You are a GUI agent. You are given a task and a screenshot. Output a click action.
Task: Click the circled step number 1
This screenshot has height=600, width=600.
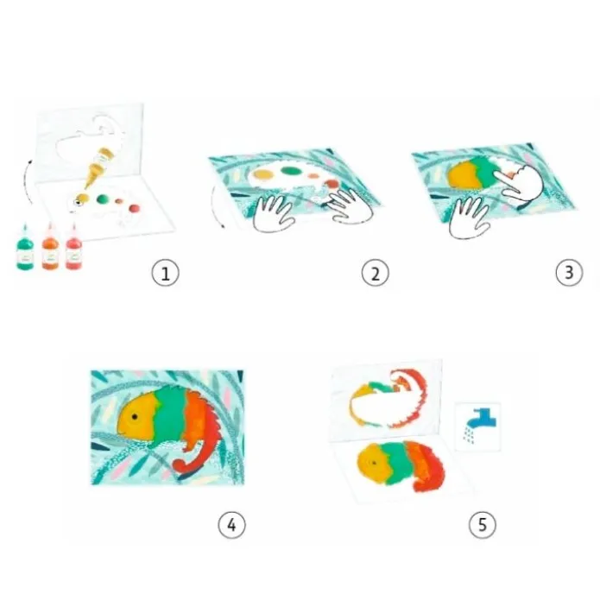pos(165,273)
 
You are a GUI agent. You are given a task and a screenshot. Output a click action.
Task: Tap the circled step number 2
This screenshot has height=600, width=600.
pos(375,273)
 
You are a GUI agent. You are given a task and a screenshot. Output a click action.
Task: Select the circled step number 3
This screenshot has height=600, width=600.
pos(569,273)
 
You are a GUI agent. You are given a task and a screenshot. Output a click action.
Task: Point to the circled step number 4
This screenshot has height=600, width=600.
pos(232,525)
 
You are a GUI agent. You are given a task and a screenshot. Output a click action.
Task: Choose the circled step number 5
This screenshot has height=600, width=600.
pos(483,525)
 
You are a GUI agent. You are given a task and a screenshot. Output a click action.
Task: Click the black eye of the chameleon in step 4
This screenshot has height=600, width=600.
pos(135,416)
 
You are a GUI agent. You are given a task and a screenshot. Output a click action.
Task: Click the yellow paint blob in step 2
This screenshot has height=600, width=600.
pos(263,174)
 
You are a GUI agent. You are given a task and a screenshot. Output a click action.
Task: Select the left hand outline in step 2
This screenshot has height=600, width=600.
pos(273,212)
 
